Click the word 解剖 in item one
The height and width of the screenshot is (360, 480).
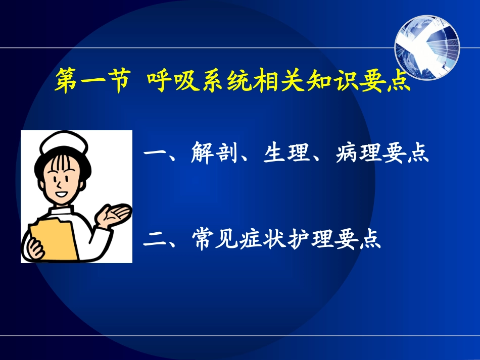coord(214,153)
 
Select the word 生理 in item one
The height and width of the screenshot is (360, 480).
coord(286,153)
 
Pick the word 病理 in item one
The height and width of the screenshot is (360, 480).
coord(358,153)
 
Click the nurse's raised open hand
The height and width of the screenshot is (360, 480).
coord(117,215)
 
